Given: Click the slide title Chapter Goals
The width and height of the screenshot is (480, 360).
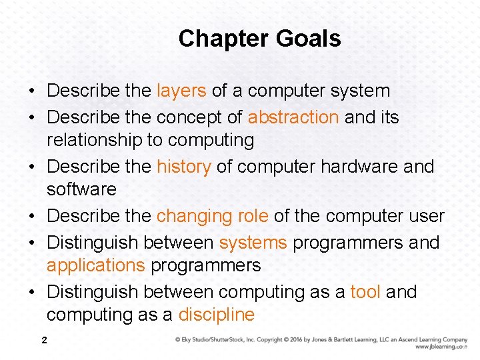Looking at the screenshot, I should pos(259,39).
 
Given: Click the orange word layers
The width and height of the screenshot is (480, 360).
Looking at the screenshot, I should pos(181,91).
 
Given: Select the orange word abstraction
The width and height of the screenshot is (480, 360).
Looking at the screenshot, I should pos(293,117).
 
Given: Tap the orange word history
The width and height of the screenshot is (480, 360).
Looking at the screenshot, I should pos(184,167).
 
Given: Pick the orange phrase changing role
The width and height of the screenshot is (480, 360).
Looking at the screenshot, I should pos(212,217).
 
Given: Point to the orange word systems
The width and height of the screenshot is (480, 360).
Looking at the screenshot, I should pos(253,243).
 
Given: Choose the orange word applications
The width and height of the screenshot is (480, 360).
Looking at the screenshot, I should pos(95,265).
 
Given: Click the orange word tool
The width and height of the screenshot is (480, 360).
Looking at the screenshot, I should pos(365,292).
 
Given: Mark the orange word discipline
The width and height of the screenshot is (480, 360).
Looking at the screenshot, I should pos(217,315).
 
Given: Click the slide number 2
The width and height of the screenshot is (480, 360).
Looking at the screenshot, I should pos(44,341).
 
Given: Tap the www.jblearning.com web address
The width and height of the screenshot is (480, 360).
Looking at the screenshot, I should pos(441,347).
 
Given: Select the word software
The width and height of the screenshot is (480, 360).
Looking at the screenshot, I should pos(81,189).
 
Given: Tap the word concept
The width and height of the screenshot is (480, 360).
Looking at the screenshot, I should pos(186,117).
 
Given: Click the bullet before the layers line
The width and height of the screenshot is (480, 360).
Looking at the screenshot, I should pos(32,91).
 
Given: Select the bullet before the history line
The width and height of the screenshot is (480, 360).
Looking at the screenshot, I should pos(32,167).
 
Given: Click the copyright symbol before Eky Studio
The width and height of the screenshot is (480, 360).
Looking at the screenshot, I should pos(178,340).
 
